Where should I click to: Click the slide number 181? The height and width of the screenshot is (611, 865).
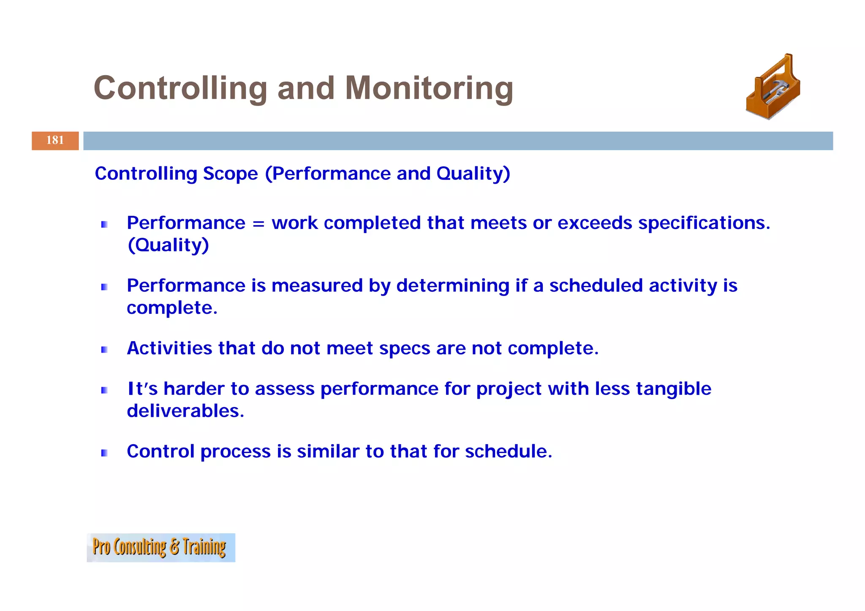tap(55, 140)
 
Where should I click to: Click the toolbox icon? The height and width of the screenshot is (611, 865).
tap(773, 87)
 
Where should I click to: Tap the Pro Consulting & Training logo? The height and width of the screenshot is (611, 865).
tap(160, 547)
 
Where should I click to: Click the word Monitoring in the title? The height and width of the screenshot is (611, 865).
tap(429, 88)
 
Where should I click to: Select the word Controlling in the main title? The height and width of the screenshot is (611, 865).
tap(180, 88)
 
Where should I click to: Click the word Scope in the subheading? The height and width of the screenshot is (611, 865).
tap(230, 174)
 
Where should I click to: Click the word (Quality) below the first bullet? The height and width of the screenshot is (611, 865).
tap(168, 245)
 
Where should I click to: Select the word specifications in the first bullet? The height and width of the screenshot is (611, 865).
tap(704, 223)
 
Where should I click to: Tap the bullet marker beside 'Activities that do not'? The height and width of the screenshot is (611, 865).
tap(104, 350)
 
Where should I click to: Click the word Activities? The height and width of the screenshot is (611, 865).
tap(169, 348)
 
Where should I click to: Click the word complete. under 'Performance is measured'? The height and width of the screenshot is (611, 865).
tap(172, 308)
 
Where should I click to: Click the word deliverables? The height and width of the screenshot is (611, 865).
tap(185, 411)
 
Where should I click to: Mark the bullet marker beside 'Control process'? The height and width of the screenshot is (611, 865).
tap(104, 453)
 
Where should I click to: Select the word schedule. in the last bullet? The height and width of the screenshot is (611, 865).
tap(508, 451)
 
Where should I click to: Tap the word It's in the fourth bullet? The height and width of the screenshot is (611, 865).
tap(142, 389)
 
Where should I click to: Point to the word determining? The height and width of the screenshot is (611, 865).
tap(452, 286)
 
